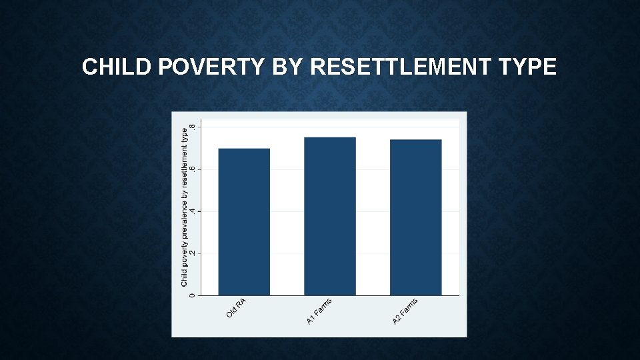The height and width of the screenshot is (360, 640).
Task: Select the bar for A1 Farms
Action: [330, 216]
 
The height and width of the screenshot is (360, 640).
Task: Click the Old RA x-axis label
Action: [237, 307]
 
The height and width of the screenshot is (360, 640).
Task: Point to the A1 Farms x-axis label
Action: [319, 312]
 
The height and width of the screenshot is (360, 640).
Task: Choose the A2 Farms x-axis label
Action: [405, 312]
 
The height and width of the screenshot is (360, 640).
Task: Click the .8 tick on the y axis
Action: [193, 127]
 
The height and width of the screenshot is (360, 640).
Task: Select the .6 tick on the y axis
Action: [193, 169]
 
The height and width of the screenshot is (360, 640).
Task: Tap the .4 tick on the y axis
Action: [193, 211]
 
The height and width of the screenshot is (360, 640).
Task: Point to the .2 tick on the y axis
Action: [193, 253]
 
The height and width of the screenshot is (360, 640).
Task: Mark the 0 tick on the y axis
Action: [193, 295]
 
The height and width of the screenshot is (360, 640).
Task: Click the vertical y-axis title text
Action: [185, 207]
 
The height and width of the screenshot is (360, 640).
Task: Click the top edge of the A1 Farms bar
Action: [330, 137]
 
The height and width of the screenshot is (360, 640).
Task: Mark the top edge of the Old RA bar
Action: [244, 149]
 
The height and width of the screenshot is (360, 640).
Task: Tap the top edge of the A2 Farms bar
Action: [416, 140]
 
